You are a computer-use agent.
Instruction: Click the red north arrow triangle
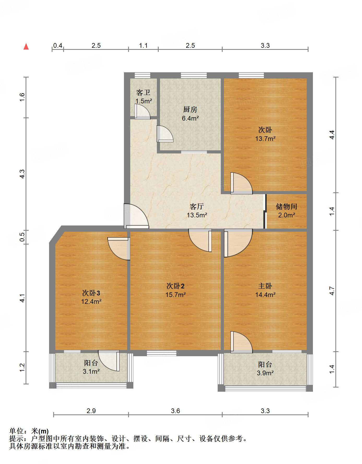pyautogui.click(x=26, y=47)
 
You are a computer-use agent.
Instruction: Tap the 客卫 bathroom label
pyautogui.click(x=143, y=93)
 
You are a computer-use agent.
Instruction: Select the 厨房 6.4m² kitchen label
pyautogui.click(x=190, y=114)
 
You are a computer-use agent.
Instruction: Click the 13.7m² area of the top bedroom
pyautogui.click(x=265, y=139)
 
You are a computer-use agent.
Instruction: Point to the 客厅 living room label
pyautogui.click(x=197, y=207)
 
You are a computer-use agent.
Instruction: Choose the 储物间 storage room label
pyautogui.click(x=286, y=207)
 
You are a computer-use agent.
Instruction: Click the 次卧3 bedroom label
pyautogui.click(x=91, y=293)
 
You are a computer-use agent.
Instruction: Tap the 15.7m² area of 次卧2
pyautogui.click(x=175, y=295)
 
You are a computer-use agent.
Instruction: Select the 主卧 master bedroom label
pyautogui.click(x=265, y=286)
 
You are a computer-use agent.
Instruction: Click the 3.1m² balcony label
pyautogui.click(x=91, y=371)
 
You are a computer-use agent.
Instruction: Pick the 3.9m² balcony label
pyautogui.click(x=265, y=373)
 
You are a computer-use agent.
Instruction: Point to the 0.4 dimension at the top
pyautogui.click(x=58, y=46)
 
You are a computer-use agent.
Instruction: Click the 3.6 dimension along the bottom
pyautogui.click(x=175, y=411)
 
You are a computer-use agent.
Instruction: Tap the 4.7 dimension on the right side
pyautogui.click(x=332, y=291)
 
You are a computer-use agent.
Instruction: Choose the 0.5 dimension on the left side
pyautogui.click(x=22, y=237)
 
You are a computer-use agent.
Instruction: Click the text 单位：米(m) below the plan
pyautogui.click(x=29, y=431)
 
